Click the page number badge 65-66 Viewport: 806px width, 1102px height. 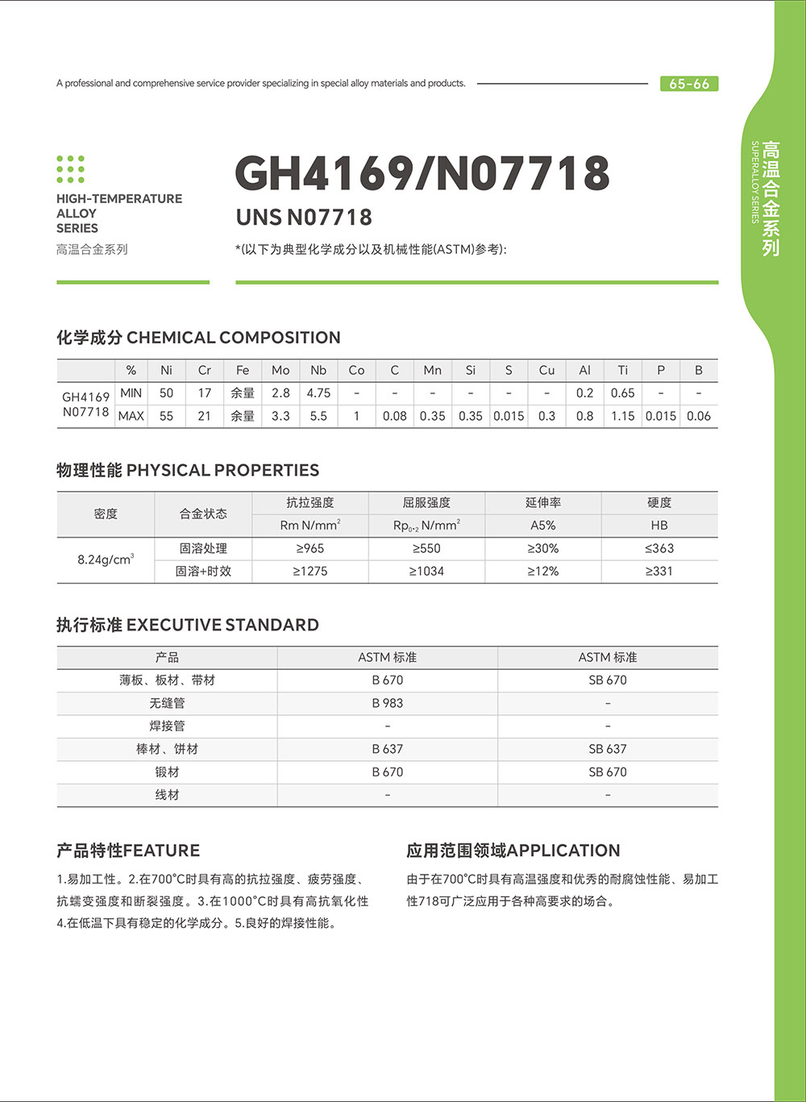(x=689, y=84)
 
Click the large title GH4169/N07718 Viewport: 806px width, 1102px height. (x=422, y=173)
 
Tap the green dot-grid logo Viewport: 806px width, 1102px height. (x=71, y=169)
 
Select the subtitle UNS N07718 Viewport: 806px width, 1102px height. (x=304, y=218)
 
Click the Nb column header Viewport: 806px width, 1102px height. (x=318, y=370)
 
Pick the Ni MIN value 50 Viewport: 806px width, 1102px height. (x=166, y=393)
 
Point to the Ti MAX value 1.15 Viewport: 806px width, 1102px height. (x=622, y=416)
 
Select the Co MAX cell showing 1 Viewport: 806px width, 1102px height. (x=356, y=416)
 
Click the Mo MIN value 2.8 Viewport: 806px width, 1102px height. (x=280, y=393)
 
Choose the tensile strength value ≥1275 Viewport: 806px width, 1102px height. (x=310, y=571)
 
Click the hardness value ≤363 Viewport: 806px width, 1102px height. (x=659, y=548)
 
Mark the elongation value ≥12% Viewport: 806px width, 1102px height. (x=543, y=571)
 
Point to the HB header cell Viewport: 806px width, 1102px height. (x=659, y=526)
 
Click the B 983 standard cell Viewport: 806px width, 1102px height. (x=388, y=703)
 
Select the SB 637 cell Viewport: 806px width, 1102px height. (x=608, y=749)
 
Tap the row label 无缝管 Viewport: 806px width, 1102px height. (x=167, y=703)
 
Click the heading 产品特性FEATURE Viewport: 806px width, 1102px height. (x=128, y=850)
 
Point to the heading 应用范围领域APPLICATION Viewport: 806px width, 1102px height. (x=513, y=850)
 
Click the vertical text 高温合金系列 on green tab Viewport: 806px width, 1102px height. (x=771, y=198)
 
